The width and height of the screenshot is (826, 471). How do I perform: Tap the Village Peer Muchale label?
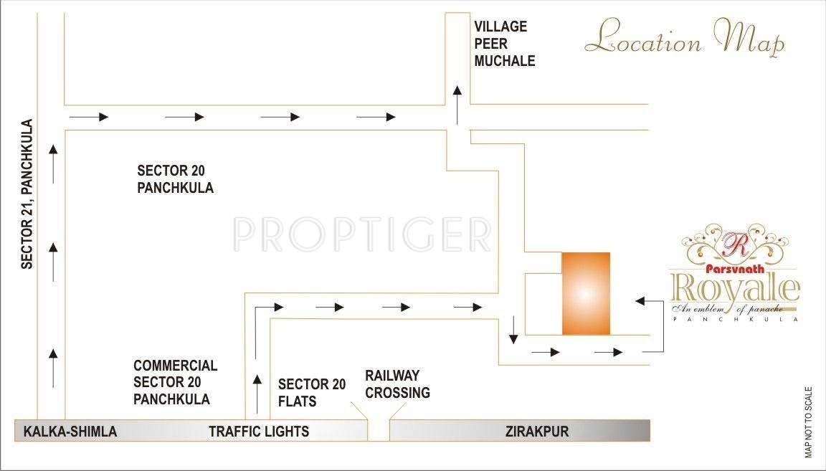tap(504, 44)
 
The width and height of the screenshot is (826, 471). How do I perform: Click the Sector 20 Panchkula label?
tap(175, 179)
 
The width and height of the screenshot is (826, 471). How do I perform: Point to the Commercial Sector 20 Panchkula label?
tap(175, 382)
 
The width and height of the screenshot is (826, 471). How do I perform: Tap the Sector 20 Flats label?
tap(312, 392)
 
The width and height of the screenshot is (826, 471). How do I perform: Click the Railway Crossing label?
tap(397, 384)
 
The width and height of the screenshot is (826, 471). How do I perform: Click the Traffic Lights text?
tap(259, 431)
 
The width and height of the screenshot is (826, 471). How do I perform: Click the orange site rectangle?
tap(585, 293)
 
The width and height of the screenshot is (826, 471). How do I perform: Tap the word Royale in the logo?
tap(734, 289)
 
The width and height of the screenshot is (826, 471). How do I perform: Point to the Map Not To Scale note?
tap(809, 423)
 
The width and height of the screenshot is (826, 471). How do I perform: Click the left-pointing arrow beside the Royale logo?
tap(650, 302)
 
